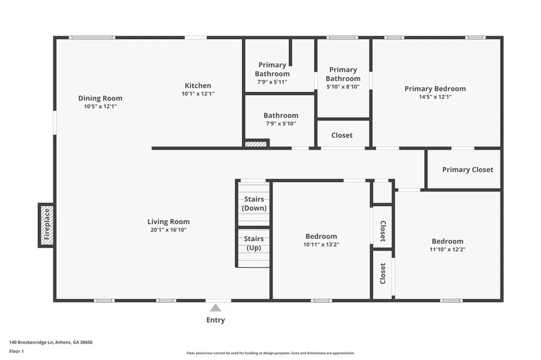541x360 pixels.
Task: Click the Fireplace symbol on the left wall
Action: [x=46, y=225]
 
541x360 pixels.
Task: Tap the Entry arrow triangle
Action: [x=216, y=308]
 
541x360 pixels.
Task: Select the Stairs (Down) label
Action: [x=254, y=204]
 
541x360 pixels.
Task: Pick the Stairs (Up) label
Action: [x=254, y=243]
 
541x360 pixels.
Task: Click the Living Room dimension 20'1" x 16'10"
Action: [x=169, y=230]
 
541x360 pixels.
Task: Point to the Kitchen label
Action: [x=198, y=86]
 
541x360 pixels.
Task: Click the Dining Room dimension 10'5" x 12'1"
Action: [x=100, y=107]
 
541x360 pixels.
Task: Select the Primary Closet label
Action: [x=468, y=169]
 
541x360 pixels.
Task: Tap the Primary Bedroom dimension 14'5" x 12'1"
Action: [x=435, y=97]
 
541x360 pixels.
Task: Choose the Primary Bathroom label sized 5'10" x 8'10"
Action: [x=343, y=74]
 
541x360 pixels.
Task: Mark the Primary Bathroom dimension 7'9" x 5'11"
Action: [x=272, y=82]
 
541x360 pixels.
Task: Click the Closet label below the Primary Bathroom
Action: [x=342, y=135]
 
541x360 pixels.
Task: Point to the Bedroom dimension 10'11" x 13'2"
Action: [x=321, y=245]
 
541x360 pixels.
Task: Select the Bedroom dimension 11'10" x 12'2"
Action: [x=448, y=250]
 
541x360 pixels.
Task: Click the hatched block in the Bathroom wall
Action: [x=256, y=144]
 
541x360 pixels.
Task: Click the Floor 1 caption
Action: [x=17, y=351]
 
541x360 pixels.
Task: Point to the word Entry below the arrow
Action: [x=216, y=320]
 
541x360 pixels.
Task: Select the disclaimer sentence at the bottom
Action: [x=270, y=353]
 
